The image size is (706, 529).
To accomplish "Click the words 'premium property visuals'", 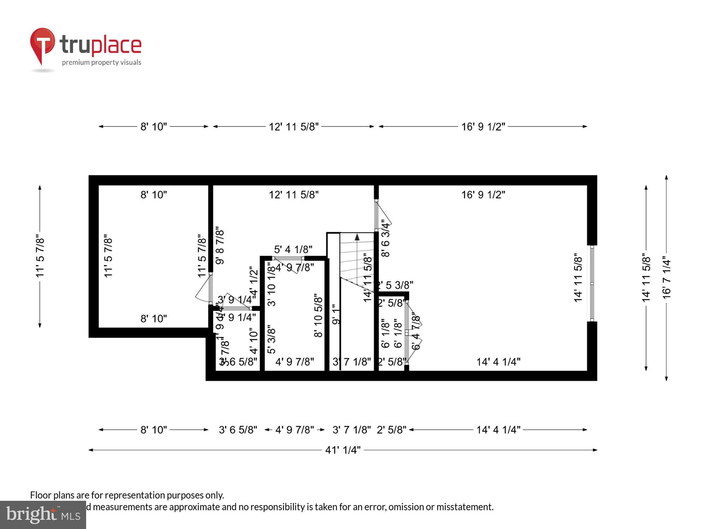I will coord(102,62).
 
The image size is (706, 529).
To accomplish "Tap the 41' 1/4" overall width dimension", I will coord(343,450).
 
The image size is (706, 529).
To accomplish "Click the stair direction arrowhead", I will coord(357,237).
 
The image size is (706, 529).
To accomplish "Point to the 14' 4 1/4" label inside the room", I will coord(498,362).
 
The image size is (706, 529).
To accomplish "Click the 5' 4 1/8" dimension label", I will coord(293,250).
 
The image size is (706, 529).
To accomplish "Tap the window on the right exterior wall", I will coord(592,283).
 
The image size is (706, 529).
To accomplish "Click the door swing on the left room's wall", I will coord(204,289).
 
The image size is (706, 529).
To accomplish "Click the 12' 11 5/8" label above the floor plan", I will coord(294,127).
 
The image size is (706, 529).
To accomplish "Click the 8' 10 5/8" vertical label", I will coord(318,316).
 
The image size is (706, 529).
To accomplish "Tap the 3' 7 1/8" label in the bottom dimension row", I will coord(352,430).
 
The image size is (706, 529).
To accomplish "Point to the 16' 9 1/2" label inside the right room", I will coord(483,195).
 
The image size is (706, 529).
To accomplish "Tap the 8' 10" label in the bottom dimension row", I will coord(154,430).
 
